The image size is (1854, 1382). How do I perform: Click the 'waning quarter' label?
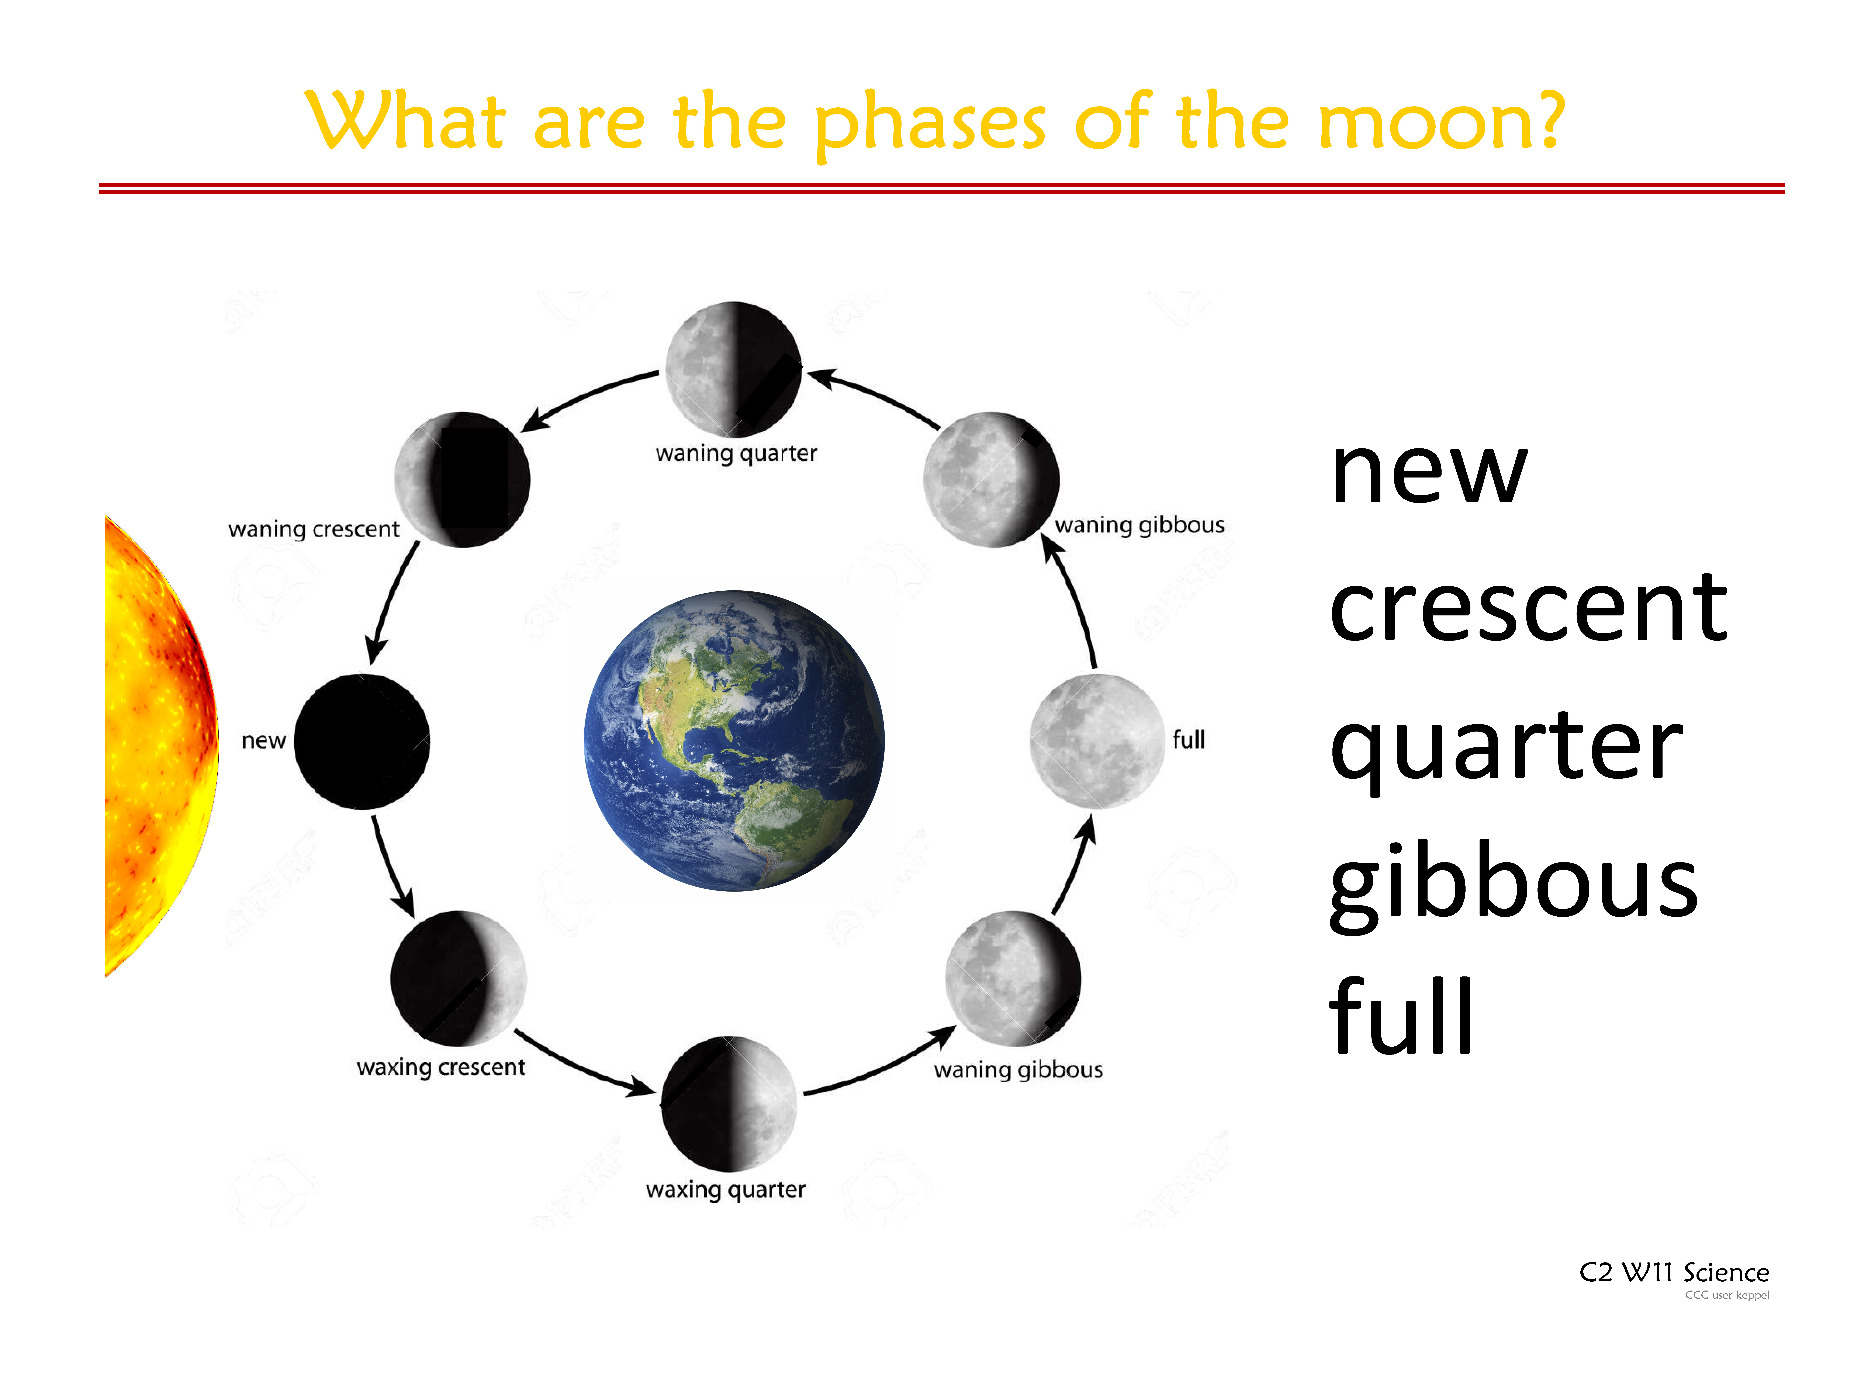(x=735, y=454)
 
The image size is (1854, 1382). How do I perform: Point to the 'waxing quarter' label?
(x=725, y=1190)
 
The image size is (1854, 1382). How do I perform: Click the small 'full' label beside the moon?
(x=1188, y=740)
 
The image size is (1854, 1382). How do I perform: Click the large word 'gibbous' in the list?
(x=1513, y=887)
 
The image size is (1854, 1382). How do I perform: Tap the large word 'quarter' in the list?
(x=1506, y=749)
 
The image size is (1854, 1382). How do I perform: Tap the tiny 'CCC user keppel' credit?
(x=1727, y=1295)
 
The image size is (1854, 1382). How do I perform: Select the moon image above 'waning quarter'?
(x=733, y=369)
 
